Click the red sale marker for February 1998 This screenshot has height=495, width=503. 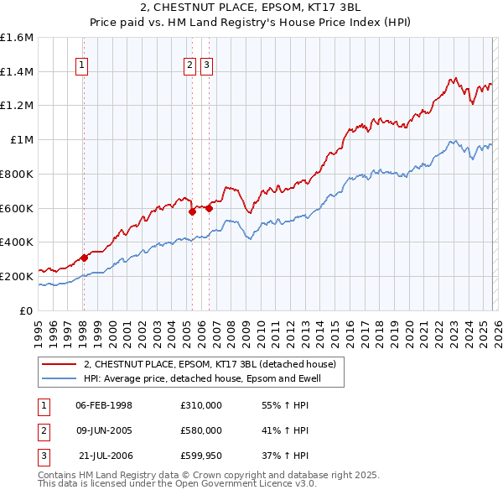click(84, 258)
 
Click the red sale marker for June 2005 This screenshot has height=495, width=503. click(192, 211)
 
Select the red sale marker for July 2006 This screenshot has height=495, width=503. click(209, 208)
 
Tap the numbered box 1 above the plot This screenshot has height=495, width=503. click(82, 66)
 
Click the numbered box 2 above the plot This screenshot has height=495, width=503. click(190, 66)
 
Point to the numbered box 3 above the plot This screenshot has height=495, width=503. click(206, 66)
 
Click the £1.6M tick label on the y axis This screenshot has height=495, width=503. click(17, 38)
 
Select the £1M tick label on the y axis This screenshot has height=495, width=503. click(22, 140)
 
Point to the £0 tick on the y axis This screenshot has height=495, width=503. click(27, 310)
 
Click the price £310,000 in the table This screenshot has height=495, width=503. click(200, 404)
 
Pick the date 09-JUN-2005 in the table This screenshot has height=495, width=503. click(104, 430)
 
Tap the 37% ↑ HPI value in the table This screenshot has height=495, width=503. click(285, 456)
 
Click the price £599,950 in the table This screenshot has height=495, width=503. click(200, 456)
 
